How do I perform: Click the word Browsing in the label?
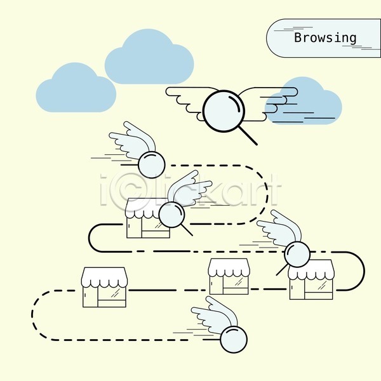325,37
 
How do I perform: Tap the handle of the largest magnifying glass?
248,136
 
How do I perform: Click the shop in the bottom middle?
229,277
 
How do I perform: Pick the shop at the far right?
311,280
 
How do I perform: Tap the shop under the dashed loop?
148,218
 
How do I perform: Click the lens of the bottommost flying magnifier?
234,339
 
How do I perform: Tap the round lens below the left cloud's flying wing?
152,164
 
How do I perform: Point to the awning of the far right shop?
311,270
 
